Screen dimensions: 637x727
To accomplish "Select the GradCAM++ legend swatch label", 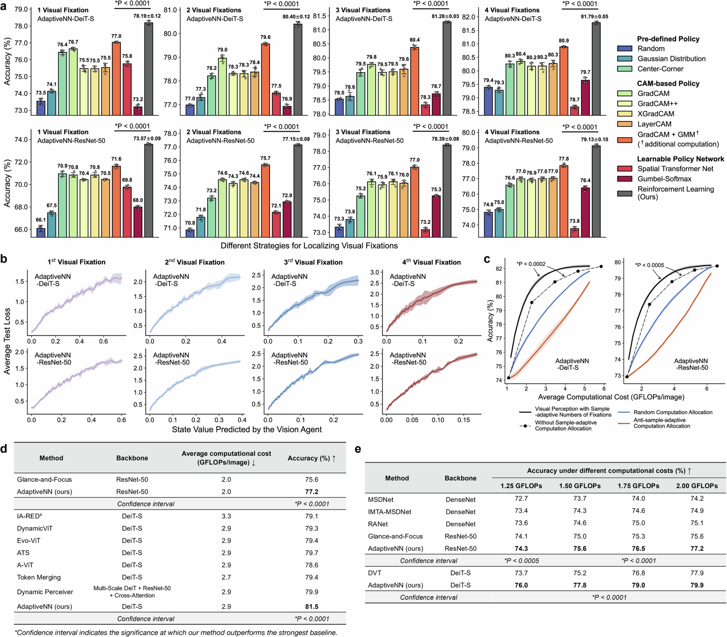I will pos(657,103).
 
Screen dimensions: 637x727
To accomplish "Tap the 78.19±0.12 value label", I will pos(147,16).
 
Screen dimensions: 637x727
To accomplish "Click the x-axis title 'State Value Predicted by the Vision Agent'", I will pos(247,429).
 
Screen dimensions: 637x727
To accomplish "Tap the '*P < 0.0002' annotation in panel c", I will pos(531,264).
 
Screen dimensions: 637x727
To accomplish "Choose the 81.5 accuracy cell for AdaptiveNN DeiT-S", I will pos(312,606).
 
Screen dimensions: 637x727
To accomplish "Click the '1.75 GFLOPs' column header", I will pos(638,486).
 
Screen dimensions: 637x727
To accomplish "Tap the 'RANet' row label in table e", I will pos(378,524).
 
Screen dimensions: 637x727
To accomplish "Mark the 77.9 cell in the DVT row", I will pos(697,573).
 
